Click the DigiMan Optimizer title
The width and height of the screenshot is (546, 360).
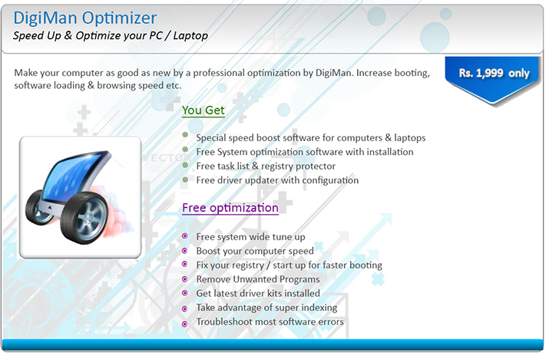pos(85,18)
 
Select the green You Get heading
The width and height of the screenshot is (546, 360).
pos(204,111)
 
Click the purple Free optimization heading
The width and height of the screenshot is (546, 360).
pos(230,208)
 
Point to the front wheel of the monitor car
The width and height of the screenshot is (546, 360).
pos(84,218)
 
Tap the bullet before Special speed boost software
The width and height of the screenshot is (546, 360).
pos(185,135)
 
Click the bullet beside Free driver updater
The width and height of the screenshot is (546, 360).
pos(185,180)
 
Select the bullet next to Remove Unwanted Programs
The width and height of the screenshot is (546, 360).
pos(185,279)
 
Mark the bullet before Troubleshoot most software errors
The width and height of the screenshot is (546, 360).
pos(185,324)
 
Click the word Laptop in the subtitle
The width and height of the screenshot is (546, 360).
pos(190,35)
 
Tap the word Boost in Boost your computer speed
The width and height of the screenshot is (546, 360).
pos(209,251)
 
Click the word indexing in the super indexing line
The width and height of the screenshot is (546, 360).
pos(319,308)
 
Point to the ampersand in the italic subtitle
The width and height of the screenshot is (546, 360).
pos(68,35)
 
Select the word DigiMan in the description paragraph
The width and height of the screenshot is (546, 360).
pos(334,73)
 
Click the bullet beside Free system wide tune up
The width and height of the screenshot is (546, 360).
pos(185,236)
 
